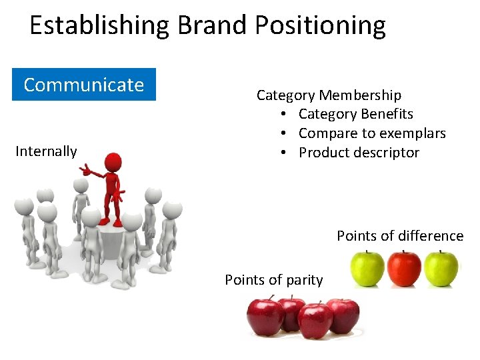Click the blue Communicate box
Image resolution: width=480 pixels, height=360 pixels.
coord(84,85)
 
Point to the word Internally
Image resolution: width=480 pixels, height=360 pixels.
coord(46,151)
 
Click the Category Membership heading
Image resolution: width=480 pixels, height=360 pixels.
coord(329,95)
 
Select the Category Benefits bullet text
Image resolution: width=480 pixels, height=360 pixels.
coord(355,114)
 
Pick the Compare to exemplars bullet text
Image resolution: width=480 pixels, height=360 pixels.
coord(372,133)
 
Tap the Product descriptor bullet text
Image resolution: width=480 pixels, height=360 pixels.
coord(359,153)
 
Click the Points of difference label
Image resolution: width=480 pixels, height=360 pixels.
coord(399,236)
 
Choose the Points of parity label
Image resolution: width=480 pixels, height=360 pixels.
coord(273,280)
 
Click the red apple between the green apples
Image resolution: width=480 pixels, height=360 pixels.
coord(404,268)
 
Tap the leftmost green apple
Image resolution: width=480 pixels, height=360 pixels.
coord(367,268)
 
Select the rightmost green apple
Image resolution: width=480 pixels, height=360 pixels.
coord(441,268)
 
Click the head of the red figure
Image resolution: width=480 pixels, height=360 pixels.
coord(114,162)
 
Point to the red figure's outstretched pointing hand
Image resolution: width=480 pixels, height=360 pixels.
coord(85,171)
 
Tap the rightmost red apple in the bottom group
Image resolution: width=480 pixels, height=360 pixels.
coord(343,315)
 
